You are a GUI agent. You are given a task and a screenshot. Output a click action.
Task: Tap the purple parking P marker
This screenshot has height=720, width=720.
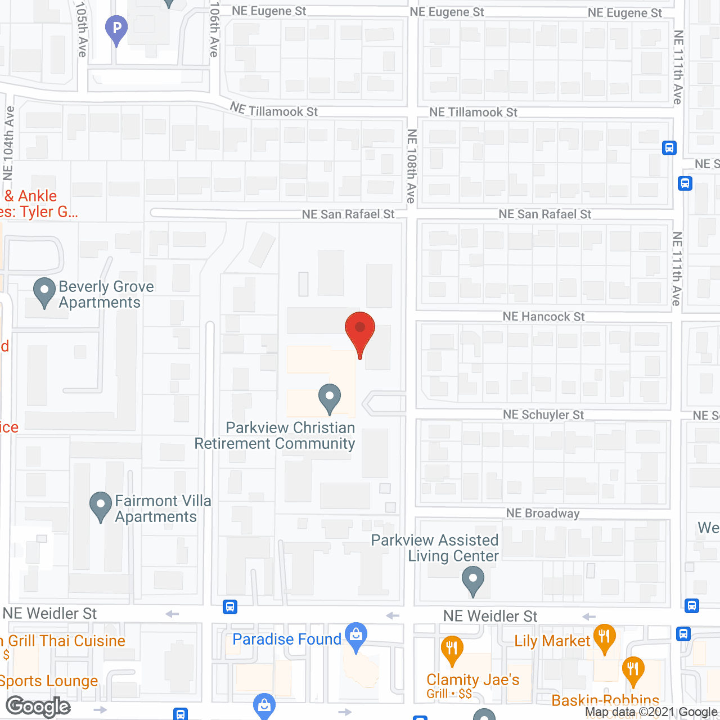[x=116, y=29]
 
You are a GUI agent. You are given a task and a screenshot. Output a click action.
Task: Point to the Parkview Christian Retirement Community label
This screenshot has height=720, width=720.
[x=276, y=435]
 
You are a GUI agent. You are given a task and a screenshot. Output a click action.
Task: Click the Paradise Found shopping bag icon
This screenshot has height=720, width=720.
[x=355, y=636]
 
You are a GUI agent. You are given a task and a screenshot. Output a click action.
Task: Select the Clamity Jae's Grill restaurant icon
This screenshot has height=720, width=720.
[x=452, y=649]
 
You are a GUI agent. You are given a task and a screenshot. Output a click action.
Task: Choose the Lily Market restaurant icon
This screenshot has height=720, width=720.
[x=604, y=638]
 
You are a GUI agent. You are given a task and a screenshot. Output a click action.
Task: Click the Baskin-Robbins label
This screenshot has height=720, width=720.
[x=605, y=700]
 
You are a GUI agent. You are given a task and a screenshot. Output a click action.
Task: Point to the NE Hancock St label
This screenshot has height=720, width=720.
[x=543, y=317]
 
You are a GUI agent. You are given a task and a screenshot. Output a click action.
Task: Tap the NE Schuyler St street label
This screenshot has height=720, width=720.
[x=543, y=415]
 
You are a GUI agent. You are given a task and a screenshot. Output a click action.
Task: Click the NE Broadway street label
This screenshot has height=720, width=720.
[x=542, y=513]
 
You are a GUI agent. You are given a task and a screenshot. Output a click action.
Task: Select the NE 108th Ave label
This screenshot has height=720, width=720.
[x=412, y=166]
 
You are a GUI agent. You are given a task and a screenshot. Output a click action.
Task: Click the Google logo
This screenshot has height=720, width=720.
[x=38, y=706]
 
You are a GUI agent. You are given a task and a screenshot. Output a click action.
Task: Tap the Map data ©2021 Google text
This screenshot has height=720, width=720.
[x=651, y=712]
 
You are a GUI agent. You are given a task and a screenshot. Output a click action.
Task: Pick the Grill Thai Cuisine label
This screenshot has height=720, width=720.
[x=66, y=641]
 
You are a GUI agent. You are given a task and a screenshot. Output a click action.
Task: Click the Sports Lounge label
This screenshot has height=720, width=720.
[x=49, y=681]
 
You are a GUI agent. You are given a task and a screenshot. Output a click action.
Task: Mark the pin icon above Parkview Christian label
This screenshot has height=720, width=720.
[x=330, y=398]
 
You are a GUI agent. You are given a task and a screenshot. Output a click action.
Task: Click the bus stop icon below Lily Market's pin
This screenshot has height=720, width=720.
[x=683, y=633]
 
